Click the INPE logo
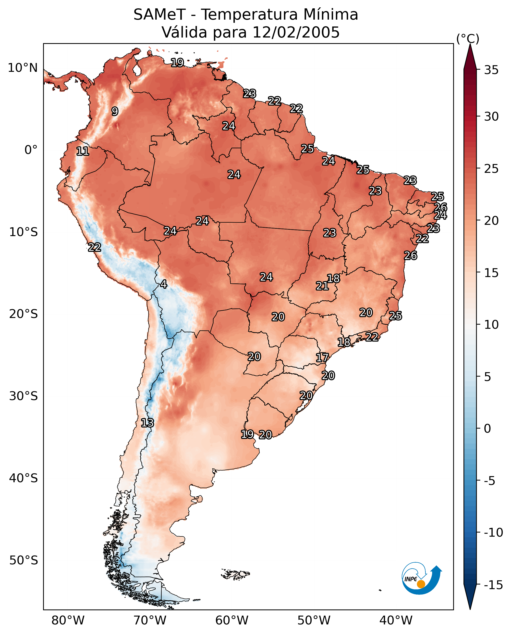pos(421,578)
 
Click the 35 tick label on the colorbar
pos(491,70)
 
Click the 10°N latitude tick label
pos(23,68)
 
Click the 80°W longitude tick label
pos(68,620)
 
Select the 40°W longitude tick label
pos(396,620)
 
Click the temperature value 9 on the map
pos(115,111)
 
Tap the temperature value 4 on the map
pos(164,284)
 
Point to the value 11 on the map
pos(83,152)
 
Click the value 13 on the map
pos(147,423)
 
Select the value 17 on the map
pos(322,358)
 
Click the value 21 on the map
pos(322,286)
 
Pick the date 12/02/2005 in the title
pos(296,32)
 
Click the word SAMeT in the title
pos(159,15)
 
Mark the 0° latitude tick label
pos(31,150)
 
